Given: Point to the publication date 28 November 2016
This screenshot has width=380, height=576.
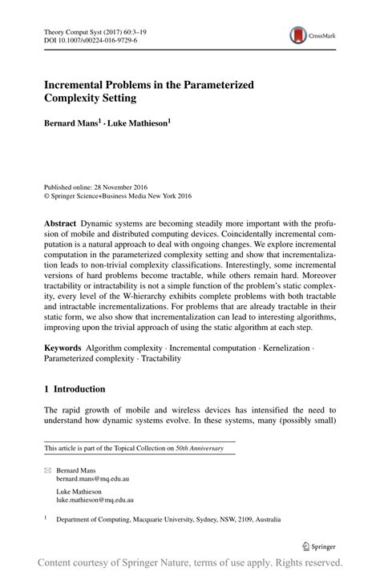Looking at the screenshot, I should (117, 183).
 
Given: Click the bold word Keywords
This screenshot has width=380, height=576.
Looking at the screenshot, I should (63, 348).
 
